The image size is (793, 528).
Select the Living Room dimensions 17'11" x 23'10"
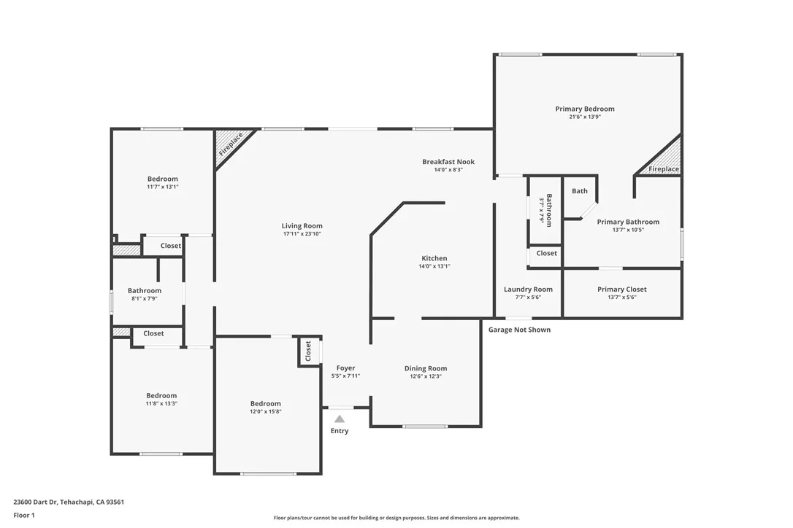302,234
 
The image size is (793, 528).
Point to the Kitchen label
434,259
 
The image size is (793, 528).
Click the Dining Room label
425,368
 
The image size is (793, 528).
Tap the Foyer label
345,368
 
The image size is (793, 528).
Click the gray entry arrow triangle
339,419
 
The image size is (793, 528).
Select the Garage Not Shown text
519,330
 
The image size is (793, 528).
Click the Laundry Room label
528,290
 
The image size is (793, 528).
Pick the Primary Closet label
621,290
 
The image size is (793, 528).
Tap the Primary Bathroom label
628,222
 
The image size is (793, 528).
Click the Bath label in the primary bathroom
579,191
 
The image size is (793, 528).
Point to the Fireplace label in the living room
231,145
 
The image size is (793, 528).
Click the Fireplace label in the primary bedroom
664,169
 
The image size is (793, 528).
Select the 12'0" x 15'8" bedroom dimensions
265,411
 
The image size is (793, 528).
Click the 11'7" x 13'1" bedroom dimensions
162,187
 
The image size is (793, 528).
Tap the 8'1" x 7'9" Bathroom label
144,290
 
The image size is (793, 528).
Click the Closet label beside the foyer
308,351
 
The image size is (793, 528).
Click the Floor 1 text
24,515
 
